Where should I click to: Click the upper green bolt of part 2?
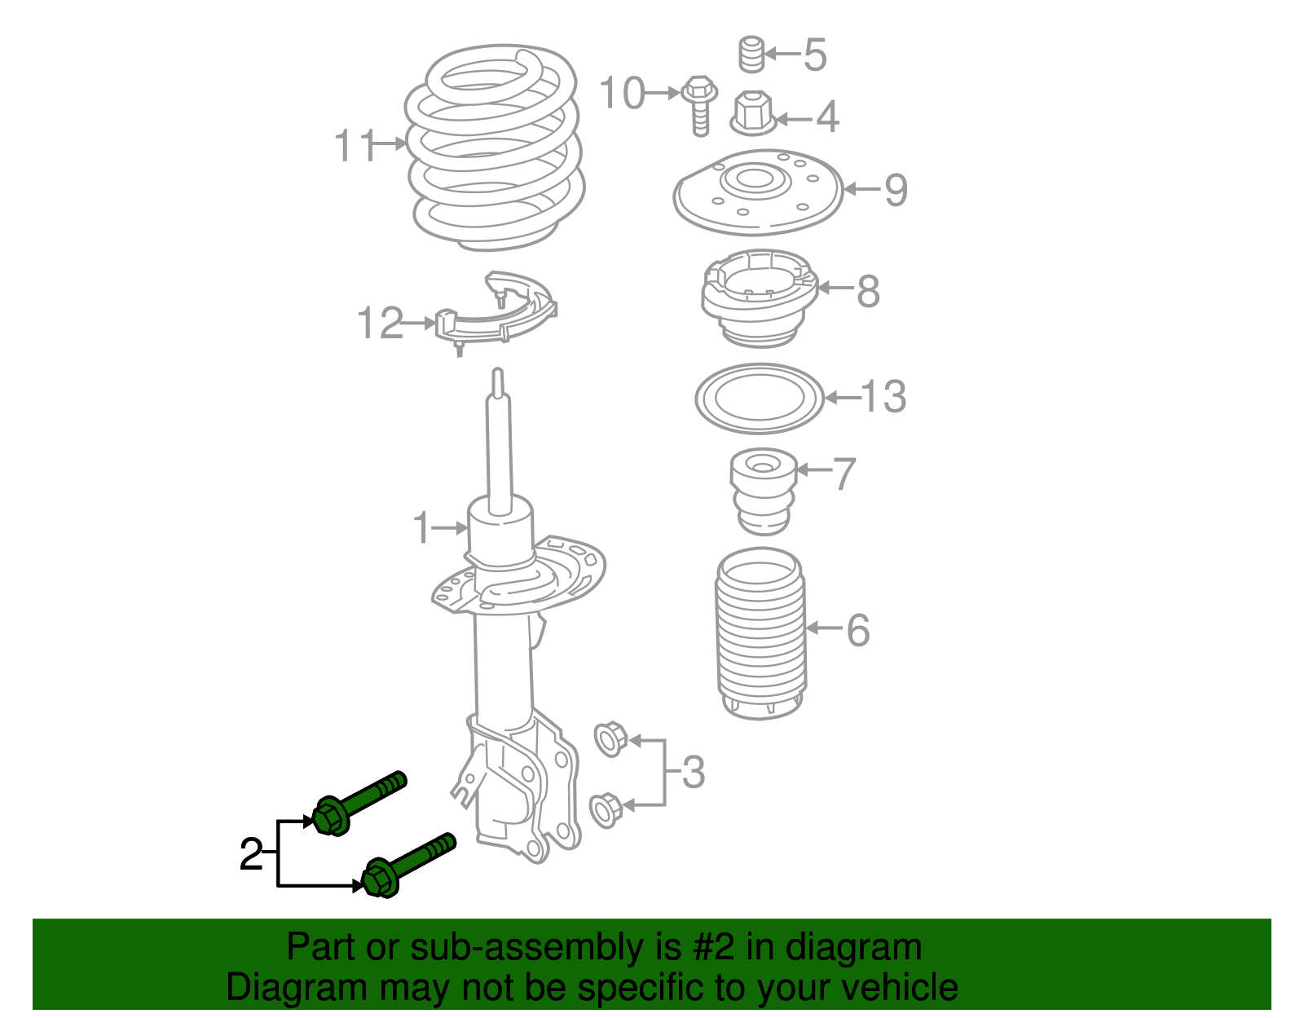point(359,803)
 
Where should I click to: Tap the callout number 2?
point(251,855)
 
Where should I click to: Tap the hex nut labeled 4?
point(751,113)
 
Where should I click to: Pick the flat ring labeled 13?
point(760,399)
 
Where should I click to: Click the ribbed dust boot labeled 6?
point(760,634)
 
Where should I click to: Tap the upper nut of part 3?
point(609,738)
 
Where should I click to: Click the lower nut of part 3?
point(606,809)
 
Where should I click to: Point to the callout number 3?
point(693,772)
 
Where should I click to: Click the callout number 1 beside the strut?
point(421,528)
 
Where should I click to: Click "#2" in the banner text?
point(714,947)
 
